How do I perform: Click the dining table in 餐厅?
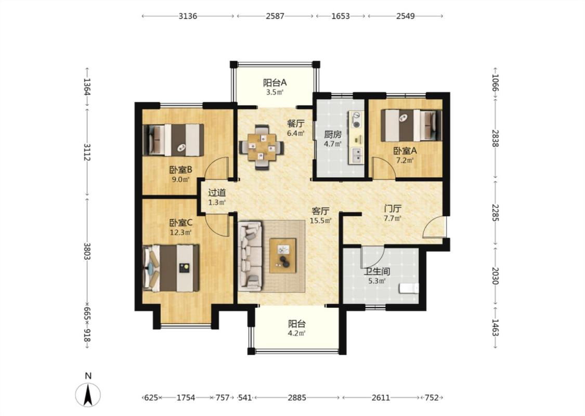point(261,147)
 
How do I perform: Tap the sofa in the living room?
point(250,256)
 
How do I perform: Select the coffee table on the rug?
point(283,255)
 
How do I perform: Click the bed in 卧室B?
point(174,140)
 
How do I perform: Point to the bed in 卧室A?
point(411,125)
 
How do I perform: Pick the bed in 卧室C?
point(171,268)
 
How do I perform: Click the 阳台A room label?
point(275,83)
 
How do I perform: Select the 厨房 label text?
point(332,134)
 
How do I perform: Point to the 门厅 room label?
point(393,209)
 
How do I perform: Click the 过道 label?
point(217,193)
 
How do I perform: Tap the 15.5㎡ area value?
point(320,221)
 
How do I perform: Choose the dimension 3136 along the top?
point(188,16)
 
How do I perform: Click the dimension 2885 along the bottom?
point(297,398)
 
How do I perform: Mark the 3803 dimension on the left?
point(87,251)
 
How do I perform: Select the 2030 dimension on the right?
point(495,276)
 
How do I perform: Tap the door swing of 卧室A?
point(384,168)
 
